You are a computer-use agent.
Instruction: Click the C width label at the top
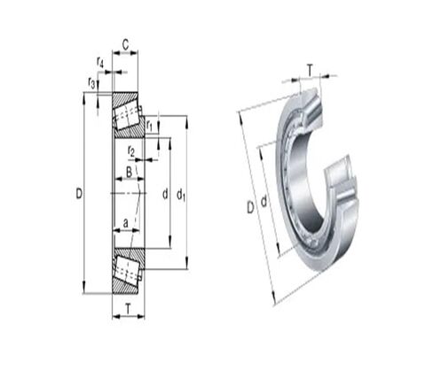click(x=126, y=45)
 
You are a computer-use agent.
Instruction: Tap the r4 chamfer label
click(x=100, y=62)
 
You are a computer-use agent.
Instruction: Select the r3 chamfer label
click(x=91, y=82)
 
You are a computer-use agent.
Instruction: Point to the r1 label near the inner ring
click(x=149, y=126)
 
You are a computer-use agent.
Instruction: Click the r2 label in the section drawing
click(x=131, y=150)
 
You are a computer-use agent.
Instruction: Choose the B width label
click(x=129, y=172)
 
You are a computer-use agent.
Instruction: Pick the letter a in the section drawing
click(x=126, y=223)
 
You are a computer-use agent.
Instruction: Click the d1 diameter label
click(x=181, y=196)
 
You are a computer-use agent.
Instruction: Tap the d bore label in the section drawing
click(x=165, y=194)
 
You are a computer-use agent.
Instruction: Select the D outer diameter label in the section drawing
click(x=79, y=194)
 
